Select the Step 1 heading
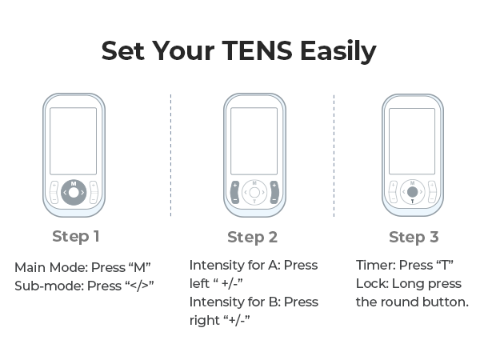coord(76,236)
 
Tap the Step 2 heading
coord(252,237)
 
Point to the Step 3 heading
coord(413,237)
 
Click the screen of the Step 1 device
coord(73,141)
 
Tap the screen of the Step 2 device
coord(254,141)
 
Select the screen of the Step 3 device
coord(412,141)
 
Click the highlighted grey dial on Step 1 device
coord(73,192)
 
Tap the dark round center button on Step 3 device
coord(412,192)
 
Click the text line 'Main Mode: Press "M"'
coord(82,266)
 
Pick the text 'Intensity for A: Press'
coord(253,265)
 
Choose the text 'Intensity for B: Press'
coord(253,302)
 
